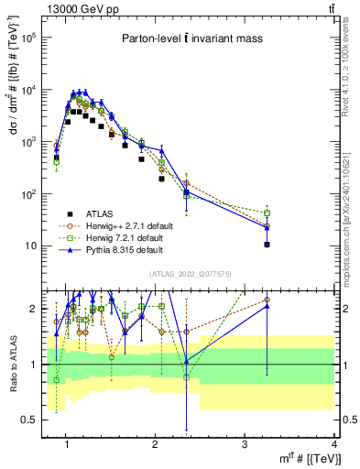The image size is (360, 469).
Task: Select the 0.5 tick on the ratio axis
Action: pos(31,420)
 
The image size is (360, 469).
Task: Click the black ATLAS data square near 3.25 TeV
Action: pos(267,245)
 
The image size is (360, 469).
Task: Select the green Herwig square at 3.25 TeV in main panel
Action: pos(267,213)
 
